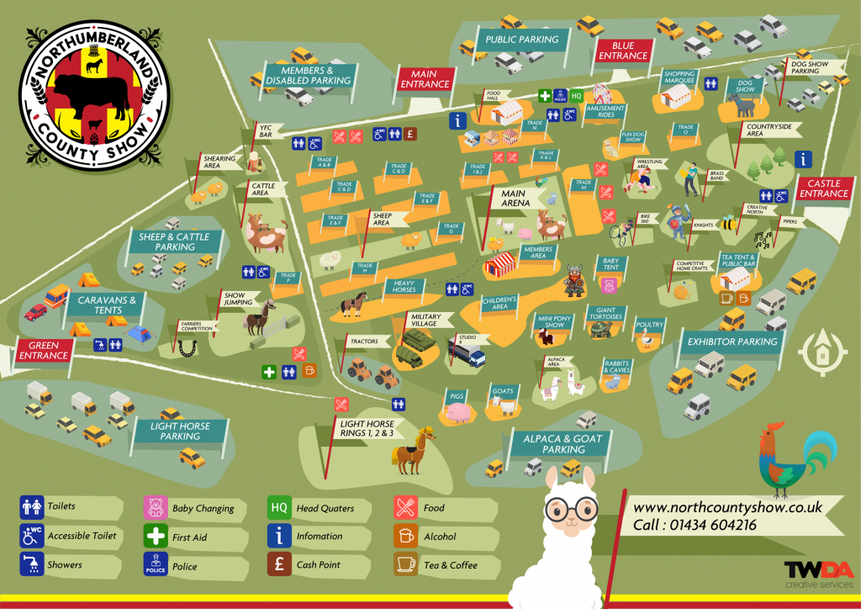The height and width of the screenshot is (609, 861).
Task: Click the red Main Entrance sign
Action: click(x=425, y=79)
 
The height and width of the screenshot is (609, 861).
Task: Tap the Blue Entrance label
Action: click(x=623, y=50)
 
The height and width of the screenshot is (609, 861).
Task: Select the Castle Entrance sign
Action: click(x=823, y=188)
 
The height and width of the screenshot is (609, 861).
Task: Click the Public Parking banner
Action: click(x=521, y=40)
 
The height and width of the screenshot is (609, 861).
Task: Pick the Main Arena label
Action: click(x=515, y=199)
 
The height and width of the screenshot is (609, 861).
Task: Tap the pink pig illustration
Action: click(x=459, y=412)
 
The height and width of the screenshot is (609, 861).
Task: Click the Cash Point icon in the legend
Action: click(x=279, y=564)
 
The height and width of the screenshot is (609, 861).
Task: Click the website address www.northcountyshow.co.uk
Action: click(x=726, y=508)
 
